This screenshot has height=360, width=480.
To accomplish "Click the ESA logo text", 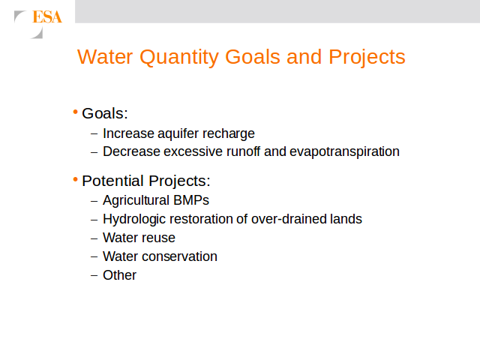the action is point(47,16).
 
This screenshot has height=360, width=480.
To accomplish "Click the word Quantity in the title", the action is point(179,58).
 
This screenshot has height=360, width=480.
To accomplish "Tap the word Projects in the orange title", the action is point(367,58).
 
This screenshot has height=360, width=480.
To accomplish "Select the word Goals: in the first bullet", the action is point(105,113).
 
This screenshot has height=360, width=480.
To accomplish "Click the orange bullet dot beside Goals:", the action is point(75,112).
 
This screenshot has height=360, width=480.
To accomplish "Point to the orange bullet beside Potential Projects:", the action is point(75,179).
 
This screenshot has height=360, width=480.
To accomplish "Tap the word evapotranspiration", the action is point(344,152).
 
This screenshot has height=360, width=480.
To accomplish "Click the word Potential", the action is point(113,181).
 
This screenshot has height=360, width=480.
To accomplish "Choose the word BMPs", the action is point(191,200).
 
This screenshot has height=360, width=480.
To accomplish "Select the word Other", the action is point(119,275).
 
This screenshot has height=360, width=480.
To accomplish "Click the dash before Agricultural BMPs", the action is point(94,201).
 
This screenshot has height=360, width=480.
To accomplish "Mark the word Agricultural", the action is point(136,201).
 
